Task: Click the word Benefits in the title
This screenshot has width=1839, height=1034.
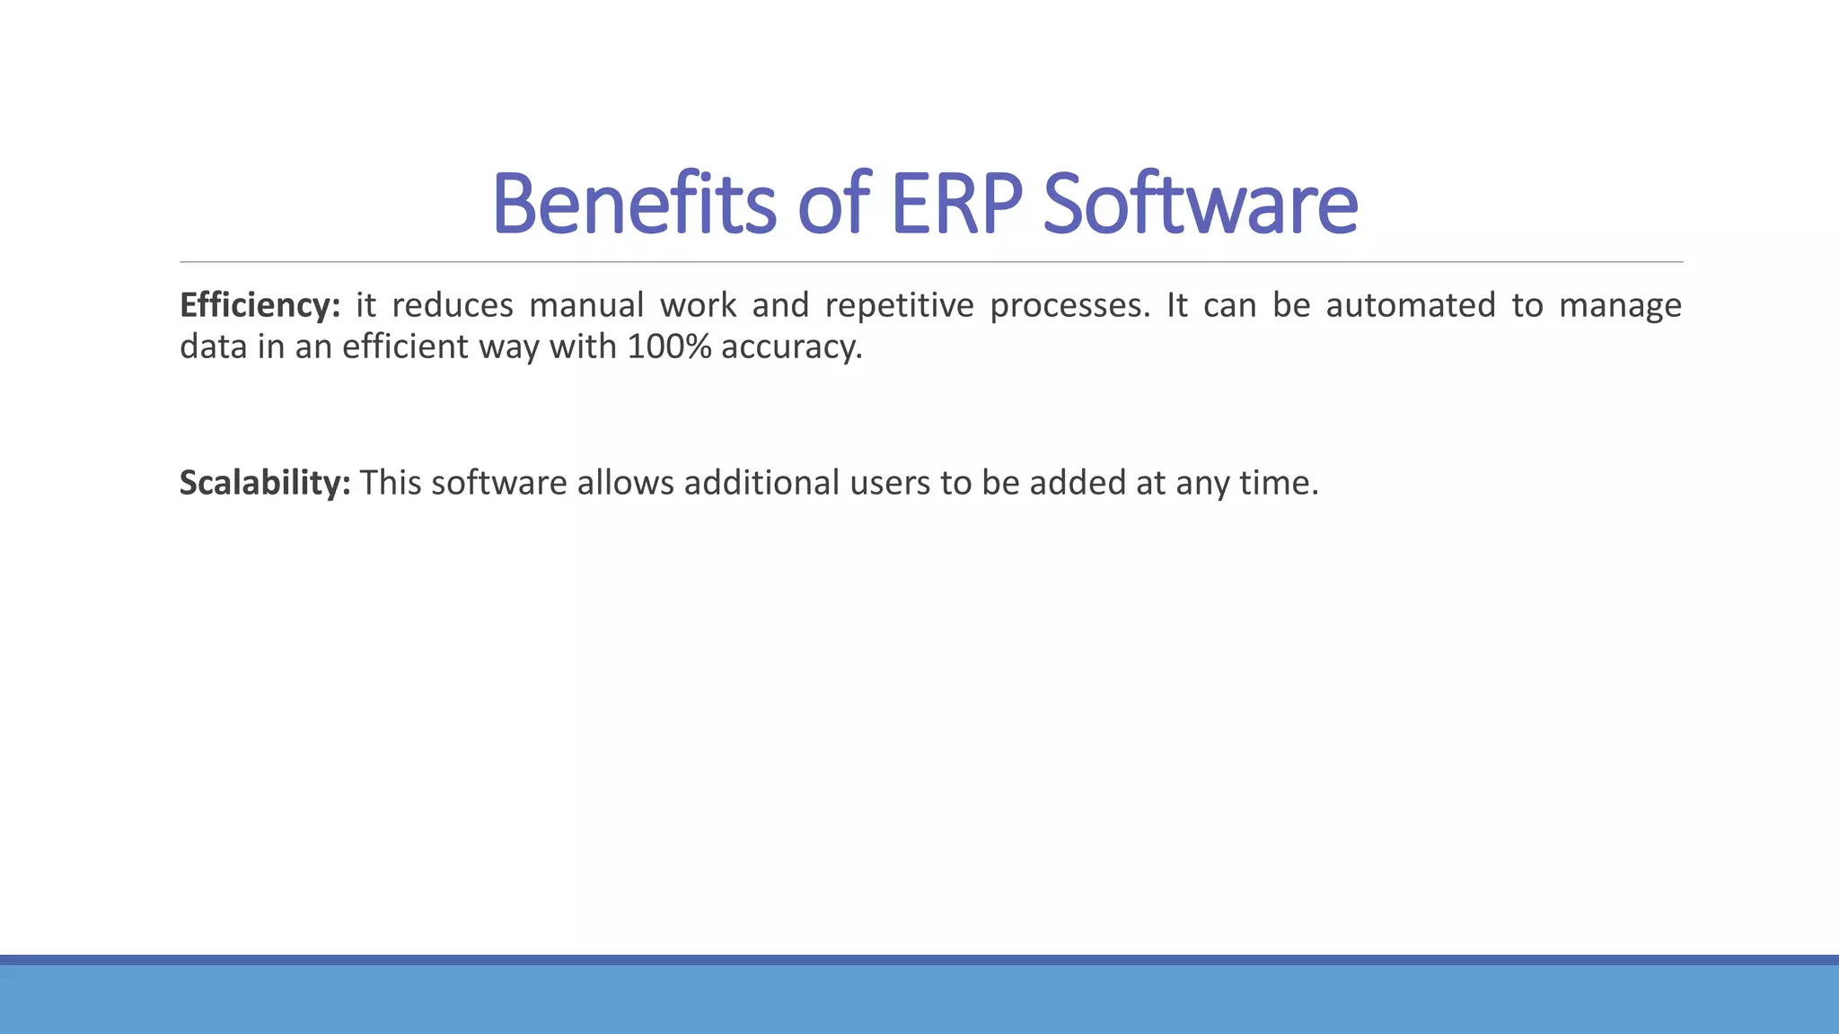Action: coord(633,204)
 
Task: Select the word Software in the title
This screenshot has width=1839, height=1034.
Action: coord(1200,204)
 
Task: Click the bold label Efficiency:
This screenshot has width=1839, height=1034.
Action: coord(260,306)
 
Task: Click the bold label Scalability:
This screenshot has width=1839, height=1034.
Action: coord(265,483)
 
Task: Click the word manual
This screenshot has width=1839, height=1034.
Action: coord(586,306)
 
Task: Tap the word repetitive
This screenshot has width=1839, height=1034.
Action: coord(899,306)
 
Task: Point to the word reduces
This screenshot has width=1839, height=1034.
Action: coord(453,306)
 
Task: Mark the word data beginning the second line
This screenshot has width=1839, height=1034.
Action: coord(213,347)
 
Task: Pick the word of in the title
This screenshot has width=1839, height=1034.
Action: coord(833,204)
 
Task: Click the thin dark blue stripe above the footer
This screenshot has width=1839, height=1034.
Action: coord(919,960)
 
